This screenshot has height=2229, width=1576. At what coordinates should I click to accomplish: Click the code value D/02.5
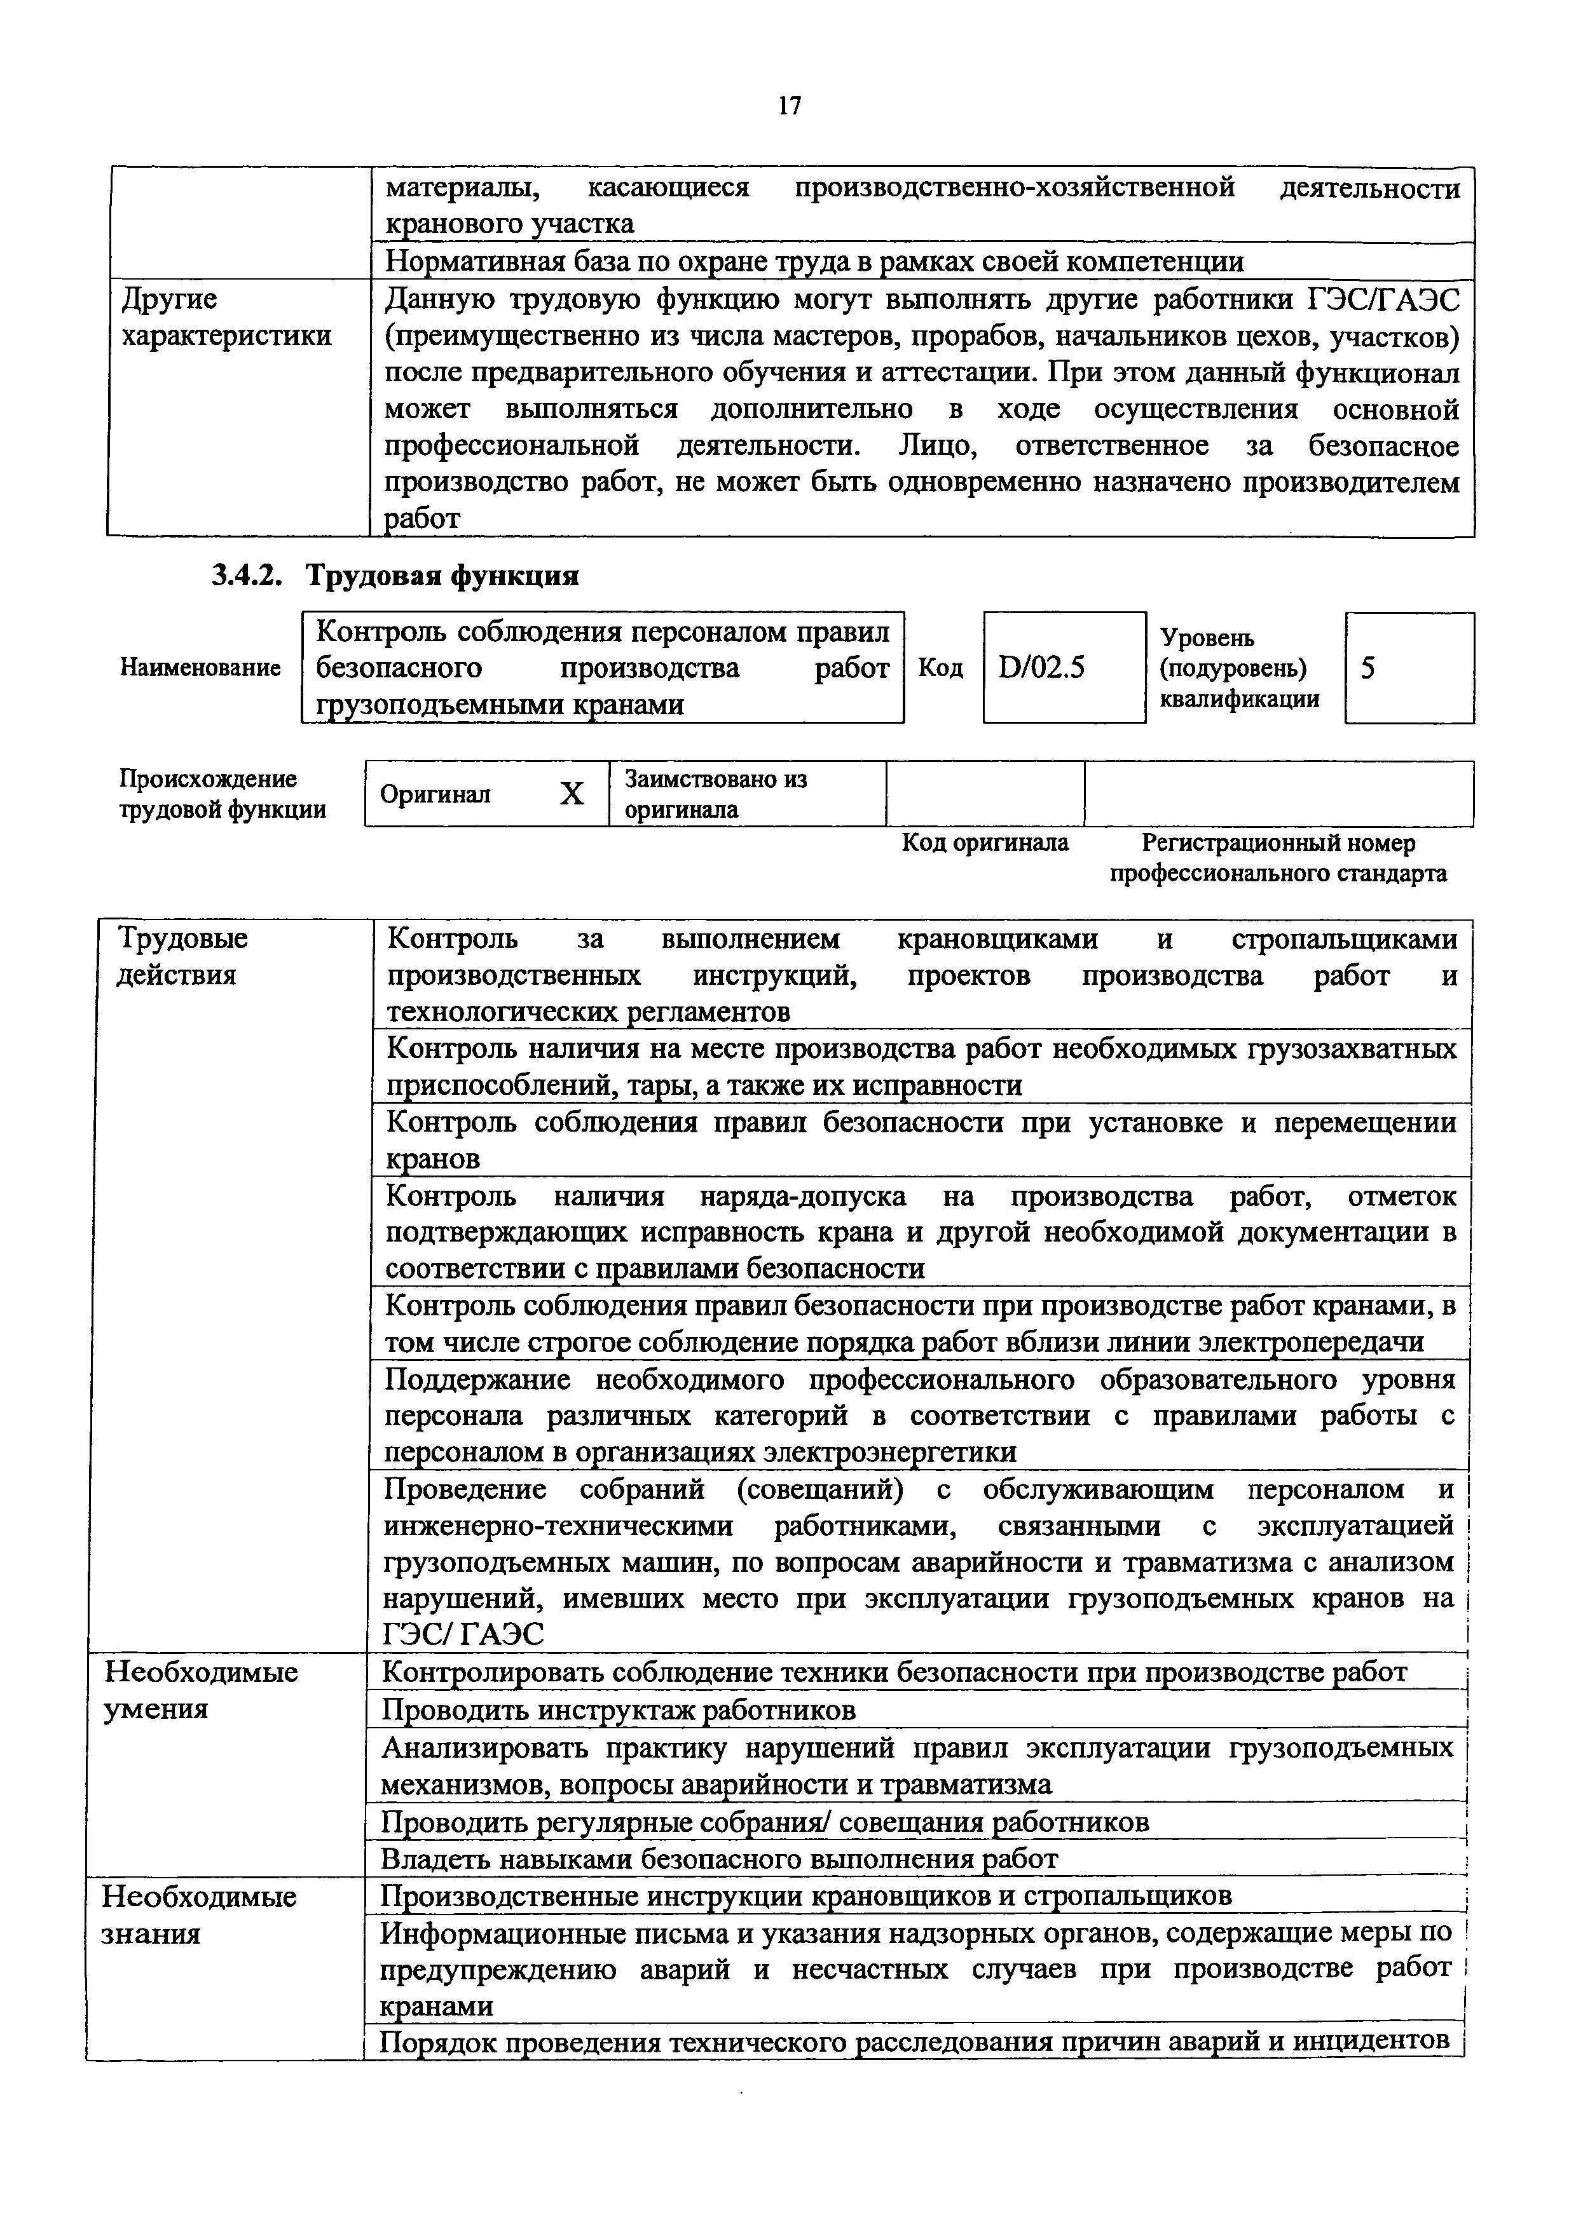pyautogui.click(x=1041, y=668)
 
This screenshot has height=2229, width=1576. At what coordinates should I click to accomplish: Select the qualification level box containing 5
pyautogui.click(x=1408, y=668)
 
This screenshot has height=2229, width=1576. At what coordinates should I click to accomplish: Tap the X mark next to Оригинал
pyautogui.click(x=572, y=794)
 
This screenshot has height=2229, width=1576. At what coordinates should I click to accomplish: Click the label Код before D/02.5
pyautogui.click(x=941, y=668)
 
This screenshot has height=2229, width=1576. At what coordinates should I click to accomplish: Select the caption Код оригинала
pyautogui.click(x=985, y=843)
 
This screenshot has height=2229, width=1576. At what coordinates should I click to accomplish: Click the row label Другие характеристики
pyautogui.click(x=225, y=318)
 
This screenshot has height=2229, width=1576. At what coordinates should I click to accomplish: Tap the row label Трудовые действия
pyautogui.click(x=182, y=956)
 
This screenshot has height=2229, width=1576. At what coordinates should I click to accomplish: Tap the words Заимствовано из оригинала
pyautogui.click(x=716, y=794)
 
